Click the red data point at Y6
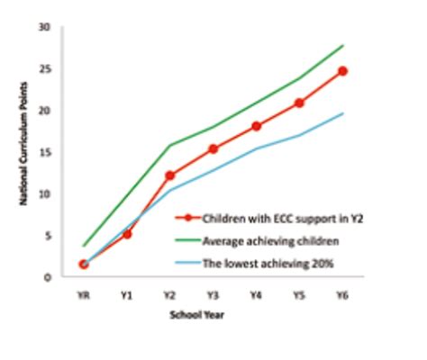pyautogui.click(x=343, y=71)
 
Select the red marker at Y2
pyautogui.click(x=170, y=175)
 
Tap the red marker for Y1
pyautogui.click(x=127, y=234)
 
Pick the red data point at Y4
pyautogui.click(x=257, y=126)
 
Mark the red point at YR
pyautogui.click(x=84, y=265)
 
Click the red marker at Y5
pyautogui.click(x=300, y=103)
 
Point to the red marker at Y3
pyautogui.click(x=213, y=148)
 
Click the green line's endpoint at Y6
pyautogui.click(x=343, y=45)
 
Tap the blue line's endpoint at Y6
pyautogui.click(x=343, y=113)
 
